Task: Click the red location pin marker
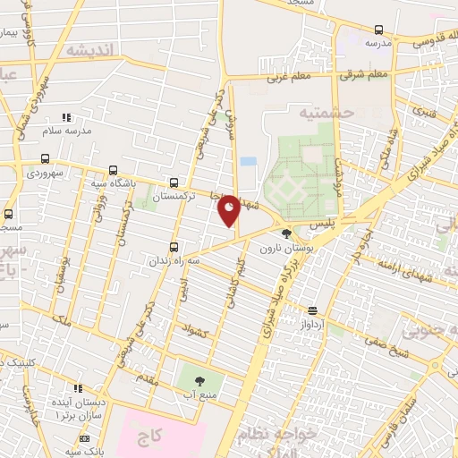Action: (x=229, y=210)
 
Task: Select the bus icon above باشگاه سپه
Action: (x=113, y=170)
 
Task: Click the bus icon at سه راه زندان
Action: (x=174, y=246)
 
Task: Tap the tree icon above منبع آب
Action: (x=199, y=382)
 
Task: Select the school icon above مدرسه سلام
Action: (x=64, y=117)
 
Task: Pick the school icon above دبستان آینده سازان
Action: (x=78, y=389)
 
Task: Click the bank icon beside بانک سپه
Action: (x=85, y=438)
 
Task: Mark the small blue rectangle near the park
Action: (x=248, y=161)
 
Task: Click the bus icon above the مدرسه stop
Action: (x=378, y=29)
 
